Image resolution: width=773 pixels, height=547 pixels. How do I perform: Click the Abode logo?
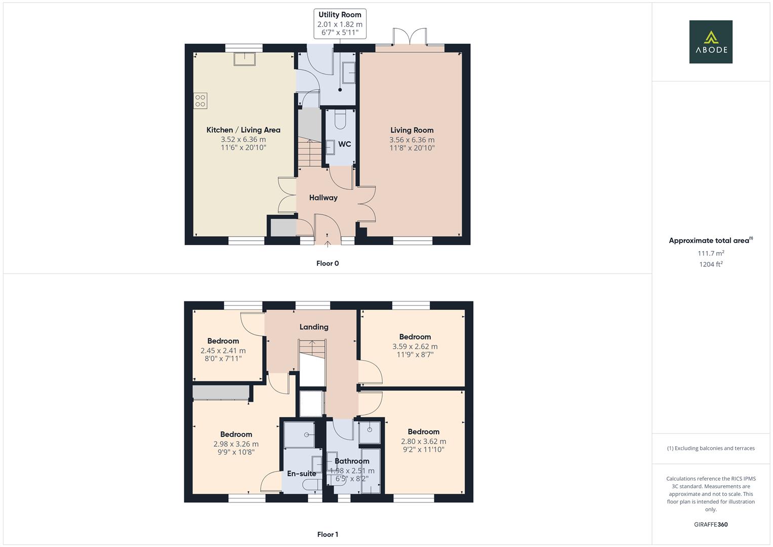710,42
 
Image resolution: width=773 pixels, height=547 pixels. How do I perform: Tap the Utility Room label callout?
340,23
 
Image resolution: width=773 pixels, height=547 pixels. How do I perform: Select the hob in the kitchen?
200,101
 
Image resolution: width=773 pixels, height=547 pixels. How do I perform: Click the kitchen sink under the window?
245,59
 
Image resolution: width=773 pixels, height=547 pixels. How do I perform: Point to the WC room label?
345,144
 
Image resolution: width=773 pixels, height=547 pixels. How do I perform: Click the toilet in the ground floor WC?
340,120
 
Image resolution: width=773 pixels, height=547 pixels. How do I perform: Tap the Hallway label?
323,198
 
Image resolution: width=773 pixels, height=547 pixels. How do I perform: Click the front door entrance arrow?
327,243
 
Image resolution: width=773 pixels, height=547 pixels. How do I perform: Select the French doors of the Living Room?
410,38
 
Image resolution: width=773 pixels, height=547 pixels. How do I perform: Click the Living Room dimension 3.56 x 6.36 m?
412,140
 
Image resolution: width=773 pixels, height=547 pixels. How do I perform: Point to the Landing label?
314,327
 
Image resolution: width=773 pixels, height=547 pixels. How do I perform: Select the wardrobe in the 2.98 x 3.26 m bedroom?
221,393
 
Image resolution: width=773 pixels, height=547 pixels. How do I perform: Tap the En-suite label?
301,474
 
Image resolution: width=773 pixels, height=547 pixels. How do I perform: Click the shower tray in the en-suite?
299,435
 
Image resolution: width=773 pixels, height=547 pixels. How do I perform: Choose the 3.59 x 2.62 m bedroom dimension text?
415,346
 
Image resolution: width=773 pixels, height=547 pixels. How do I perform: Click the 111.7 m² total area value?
711,253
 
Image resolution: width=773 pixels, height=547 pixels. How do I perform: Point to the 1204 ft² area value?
711,264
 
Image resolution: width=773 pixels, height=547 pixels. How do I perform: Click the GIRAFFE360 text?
711,525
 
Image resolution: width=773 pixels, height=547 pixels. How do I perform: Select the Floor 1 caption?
328,534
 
